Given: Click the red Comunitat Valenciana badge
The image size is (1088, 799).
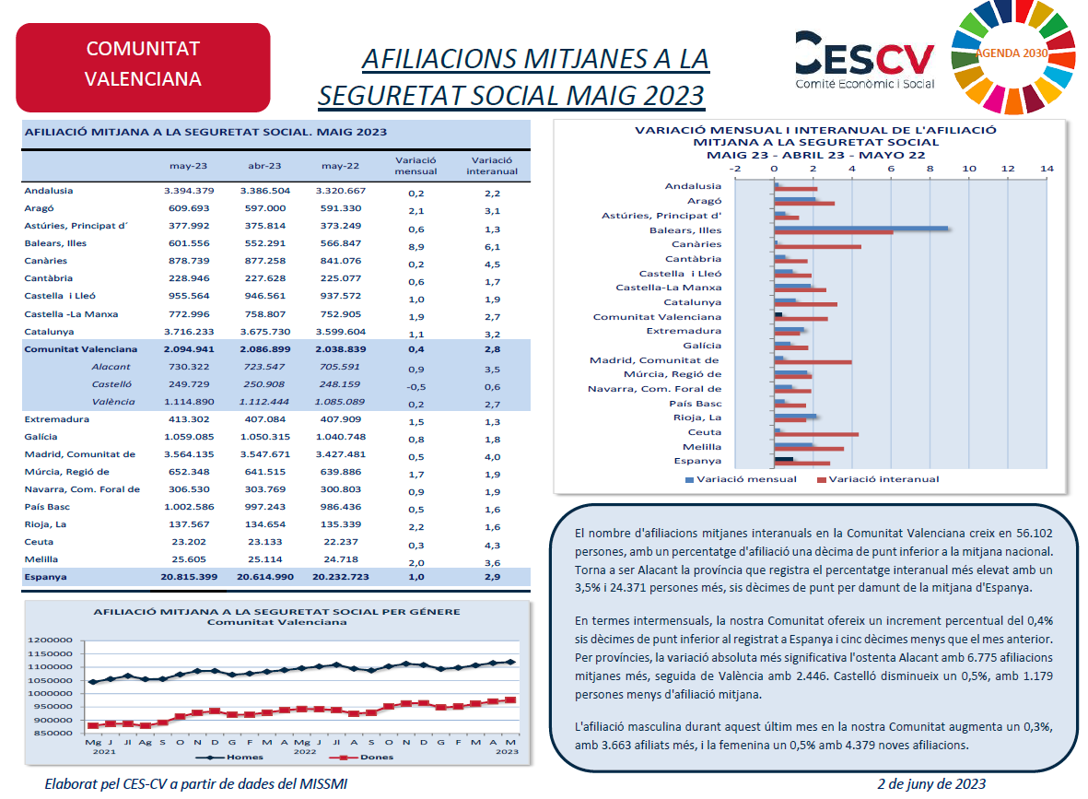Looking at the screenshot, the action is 143,67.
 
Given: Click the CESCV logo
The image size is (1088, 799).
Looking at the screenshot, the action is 864,61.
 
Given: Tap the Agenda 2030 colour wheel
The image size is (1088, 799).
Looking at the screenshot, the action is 1012,55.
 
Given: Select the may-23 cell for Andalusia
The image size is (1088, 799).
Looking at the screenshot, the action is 189,190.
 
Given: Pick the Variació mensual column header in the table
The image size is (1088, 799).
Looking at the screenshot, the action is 415,166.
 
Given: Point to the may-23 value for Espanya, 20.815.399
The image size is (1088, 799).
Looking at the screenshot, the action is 189,577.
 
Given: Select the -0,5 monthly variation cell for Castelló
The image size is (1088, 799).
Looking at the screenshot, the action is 416,387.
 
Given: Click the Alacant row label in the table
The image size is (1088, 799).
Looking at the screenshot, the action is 111,367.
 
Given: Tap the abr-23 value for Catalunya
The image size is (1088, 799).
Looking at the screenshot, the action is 265,332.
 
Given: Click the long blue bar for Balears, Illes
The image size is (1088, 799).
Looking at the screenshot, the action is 861,228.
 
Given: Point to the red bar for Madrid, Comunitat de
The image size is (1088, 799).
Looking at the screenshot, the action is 813,362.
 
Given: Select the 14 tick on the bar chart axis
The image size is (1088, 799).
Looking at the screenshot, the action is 1047,168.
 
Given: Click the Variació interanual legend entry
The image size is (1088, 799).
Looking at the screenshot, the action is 878,479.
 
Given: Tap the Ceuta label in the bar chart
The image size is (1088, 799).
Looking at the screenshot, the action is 704,432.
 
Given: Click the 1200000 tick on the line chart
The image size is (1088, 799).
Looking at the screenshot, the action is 50,640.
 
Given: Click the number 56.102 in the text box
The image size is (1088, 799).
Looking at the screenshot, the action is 1034,534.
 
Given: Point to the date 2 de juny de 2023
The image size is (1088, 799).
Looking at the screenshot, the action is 931,783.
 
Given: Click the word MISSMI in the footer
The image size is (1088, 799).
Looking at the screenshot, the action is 323,783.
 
